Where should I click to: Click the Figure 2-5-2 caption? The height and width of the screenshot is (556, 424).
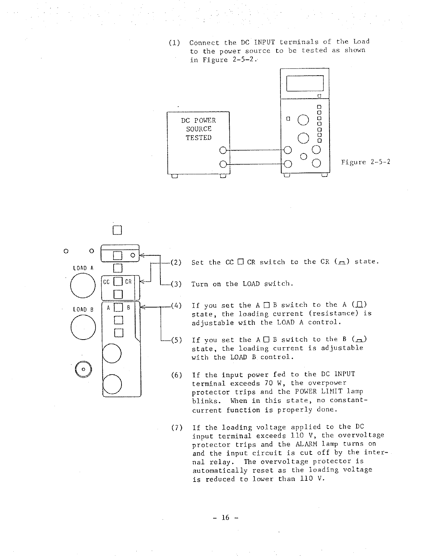point(366,162)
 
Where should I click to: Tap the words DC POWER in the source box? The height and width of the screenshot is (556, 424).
point(198,120)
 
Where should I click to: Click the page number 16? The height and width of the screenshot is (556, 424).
point(225,517)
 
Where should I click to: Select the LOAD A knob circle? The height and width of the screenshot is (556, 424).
point(83,286)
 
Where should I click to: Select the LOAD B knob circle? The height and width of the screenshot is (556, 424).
point(83,327)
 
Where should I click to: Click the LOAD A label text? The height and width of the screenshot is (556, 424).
point(83,268)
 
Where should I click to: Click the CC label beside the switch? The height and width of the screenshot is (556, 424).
point(107,282)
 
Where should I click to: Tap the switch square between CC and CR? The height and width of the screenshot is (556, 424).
point(118,282)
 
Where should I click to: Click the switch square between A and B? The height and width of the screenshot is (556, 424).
point(118,308)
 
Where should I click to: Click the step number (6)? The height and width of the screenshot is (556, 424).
point(176,375)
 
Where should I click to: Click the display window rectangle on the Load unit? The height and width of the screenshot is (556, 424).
point(305,84)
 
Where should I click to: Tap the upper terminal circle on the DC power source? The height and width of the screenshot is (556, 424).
point(223,150)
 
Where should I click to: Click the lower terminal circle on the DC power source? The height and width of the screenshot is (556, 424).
point(223,165)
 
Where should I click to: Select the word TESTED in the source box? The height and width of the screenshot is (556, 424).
point(198,138)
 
